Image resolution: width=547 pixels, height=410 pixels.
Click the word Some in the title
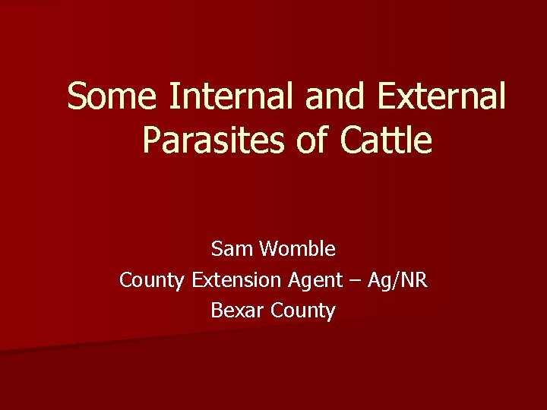click(113, 97)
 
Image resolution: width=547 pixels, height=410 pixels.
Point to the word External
click(440, 97)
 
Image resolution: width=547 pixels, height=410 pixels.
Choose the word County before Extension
click(152, 280)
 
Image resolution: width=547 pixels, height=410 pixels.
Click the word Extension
click(236, 280)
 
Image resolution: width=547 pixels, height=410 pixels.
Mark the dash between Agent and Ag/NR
click(355, 281)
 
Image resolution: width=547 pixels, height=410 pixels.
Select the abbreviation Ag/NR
click(397, 281)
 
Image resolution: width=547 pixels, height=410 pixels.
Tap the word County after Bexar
click(302, 311)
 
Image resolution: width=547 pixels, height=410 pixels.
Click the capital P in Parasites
click(152, 140)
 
